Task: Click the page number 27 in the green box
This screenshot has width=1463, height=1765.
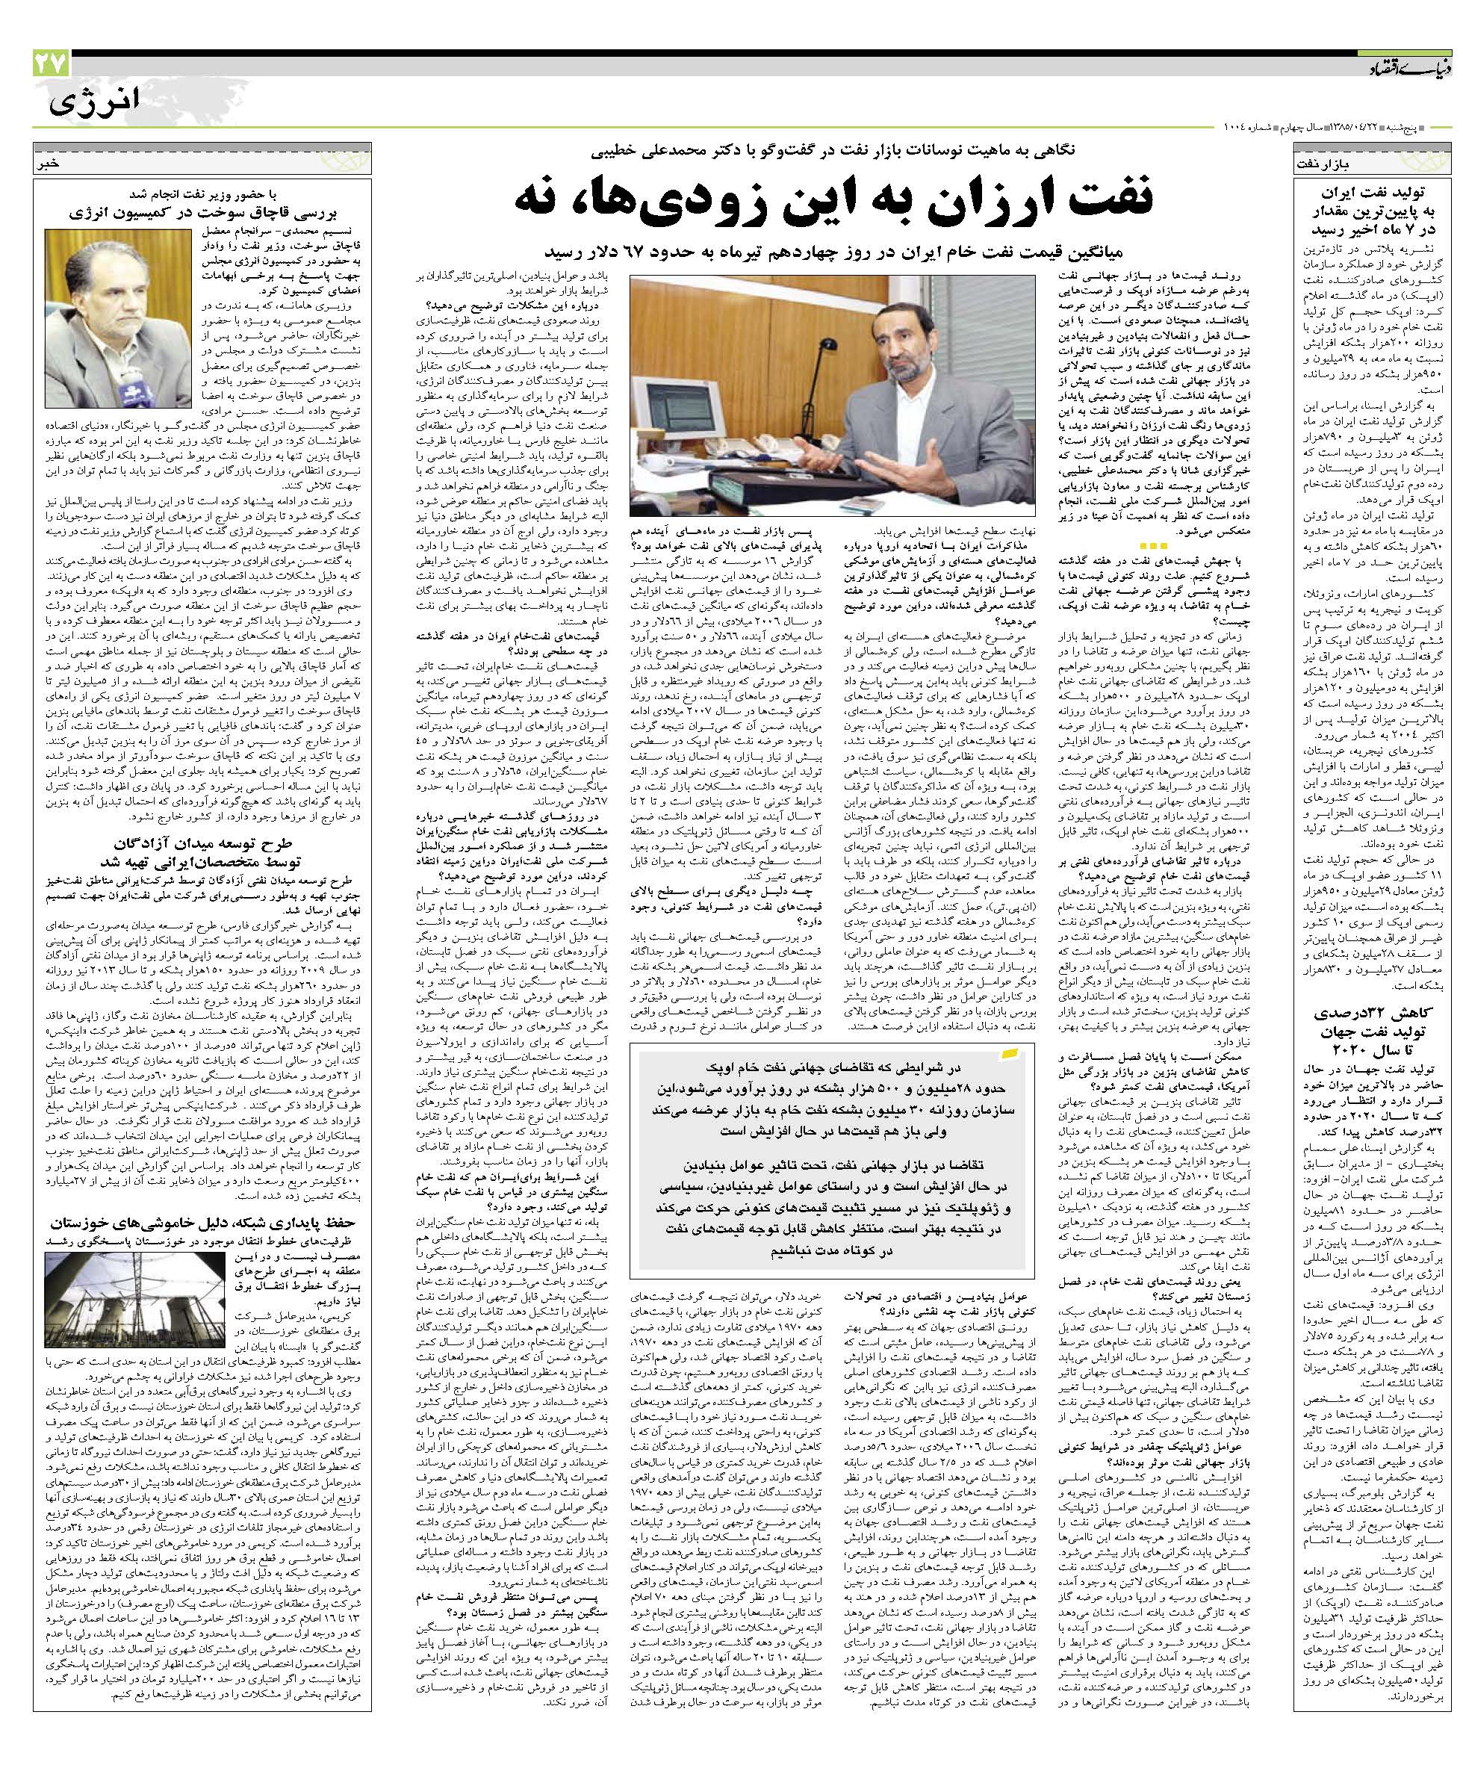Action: (52, 63)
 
